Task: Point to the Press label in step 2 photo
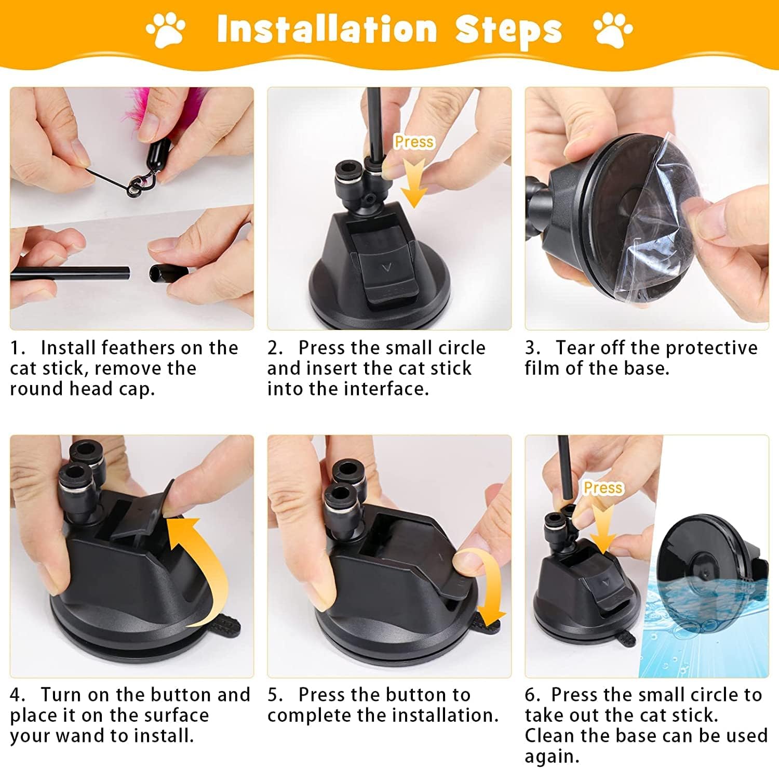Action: point(414,141)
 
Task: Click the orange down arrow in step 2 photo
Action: point(414,182)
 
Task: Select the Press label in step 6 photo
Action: point(603,487)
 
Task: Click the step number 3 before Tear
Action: point(532,348)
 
